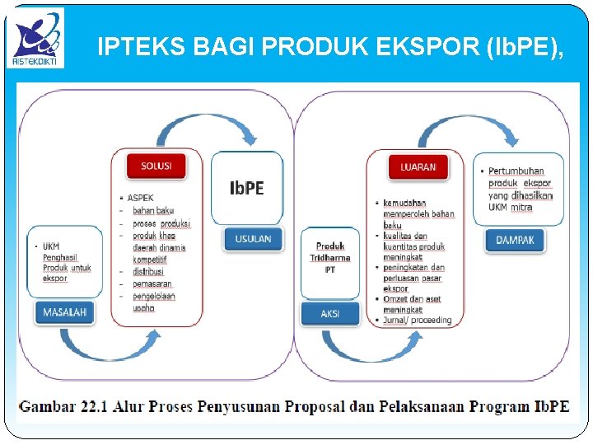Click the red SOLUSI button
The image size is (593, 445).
click(156, 166)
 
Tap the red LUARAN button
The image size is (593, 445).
click(418, 166)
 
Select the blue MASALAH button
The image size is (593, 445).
click(65, 312)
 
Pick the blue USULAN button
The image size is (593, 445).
click(253, 239)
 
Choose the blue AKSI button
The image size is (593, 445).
click(329, 313)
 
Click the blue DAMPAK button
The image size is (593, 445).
click(515, 240)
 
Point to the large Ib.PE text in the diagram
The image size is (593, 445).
click(246, 188)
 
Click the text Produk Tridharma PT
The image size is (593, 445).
click(329, 257)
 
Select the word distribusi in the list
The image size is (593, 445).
click(148, 271)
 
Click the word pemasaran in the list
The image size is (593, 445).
click(152, 283)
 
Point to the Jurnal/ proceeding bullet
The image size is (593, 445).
click(418, 320)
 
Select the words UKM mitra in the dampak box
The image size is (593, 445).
click(511, 208)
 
